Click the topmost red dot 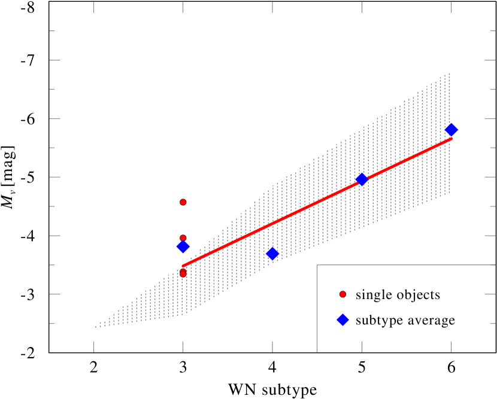[183, 202]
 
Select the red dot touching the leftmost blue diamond [183, 238]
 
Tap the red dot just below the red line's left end [183, 273]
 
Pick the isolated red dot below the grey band [343, 294]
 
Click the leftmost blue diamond [183, 246]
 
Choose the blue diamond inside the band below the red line [272, 254]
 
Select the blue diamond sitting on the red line [362, 179]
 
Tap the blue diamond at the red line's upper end [451, 130]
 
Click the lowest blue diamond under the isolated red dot [343, 320]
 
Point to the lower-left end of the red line [183, 266]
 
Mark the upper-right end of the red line [451, 139]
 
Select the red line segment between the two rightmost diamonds [407, 160]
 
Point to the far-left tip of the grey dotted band [96, 327]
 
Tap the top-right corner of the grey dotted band [449, 74]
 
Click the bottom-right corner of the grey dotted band [449, 193]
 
